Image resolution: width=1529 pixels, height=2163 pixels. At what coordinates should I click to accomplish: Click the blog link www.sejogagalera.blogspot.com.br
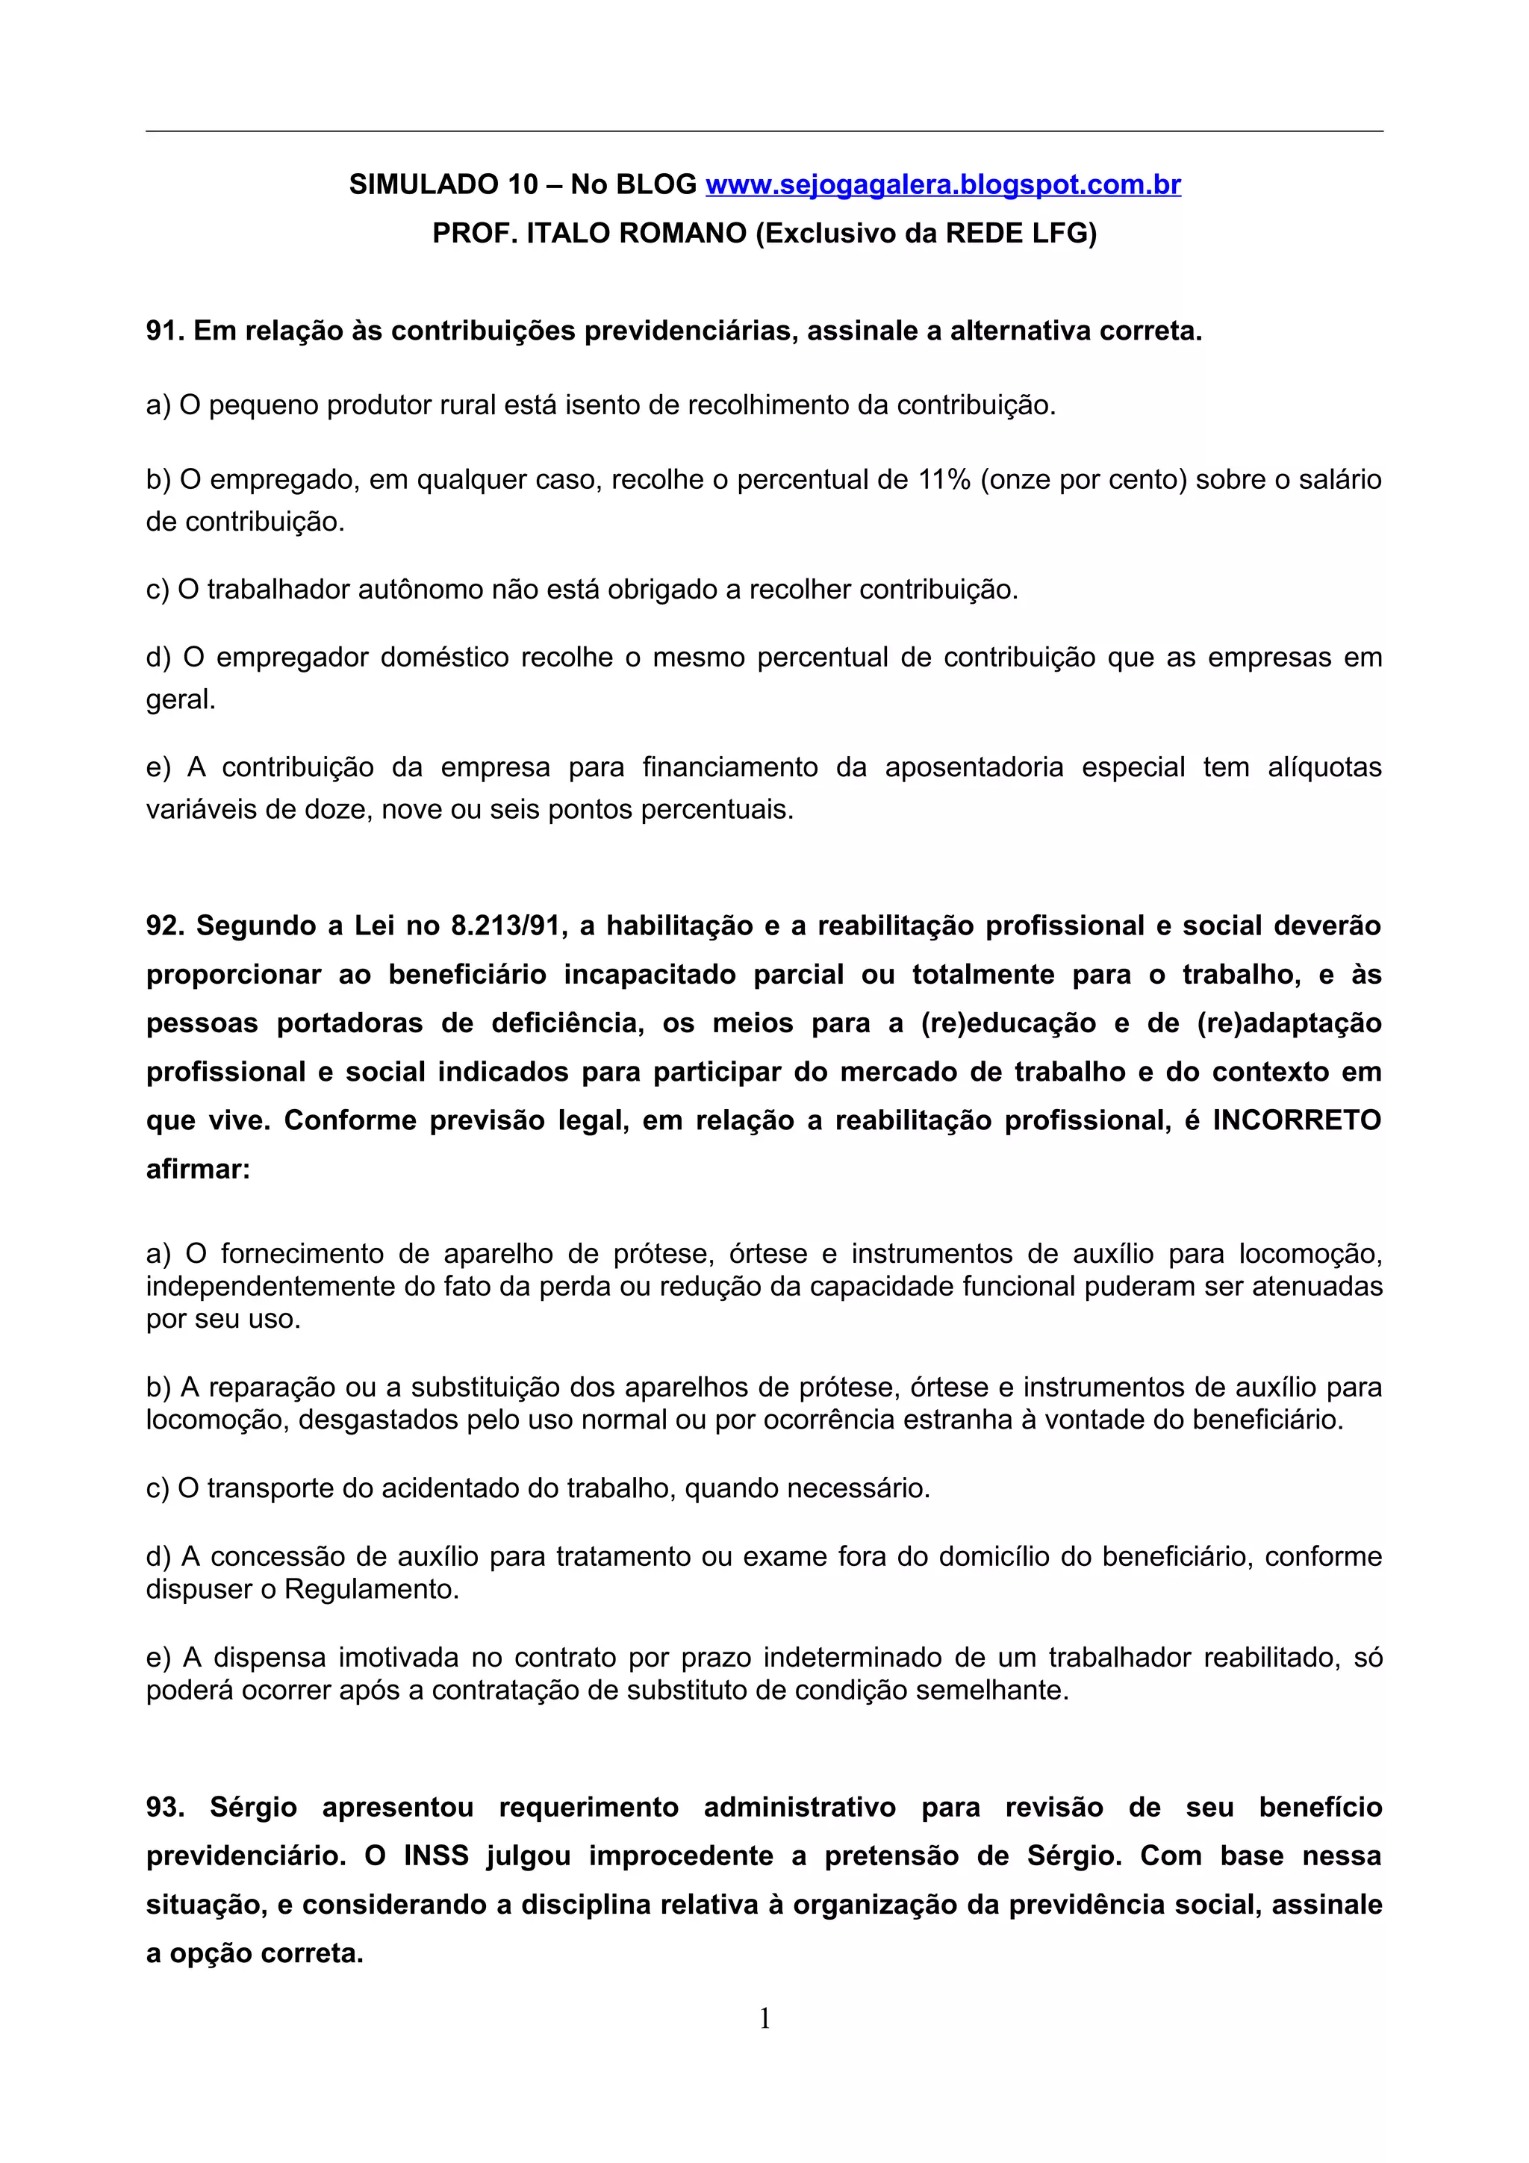click(x=943, y=184)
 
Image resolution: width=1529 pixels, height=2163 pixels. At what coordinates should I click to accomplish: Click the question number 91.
click(x=165, y=331)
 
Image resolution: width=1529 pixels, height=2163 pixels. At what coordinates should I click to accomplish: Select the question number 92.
click(x=165, y=926)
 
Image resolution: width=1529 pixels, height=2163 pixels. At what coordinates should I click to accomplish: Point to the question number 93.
click(x=165, y=1807)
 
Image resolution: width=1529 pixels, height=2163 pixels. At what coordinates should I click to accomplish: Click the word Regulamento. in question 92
click(x=371, y=1589)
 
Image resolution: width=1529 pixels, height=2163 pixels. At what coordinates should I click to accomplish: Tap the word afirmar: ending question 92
click(x=199, y=1169)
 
